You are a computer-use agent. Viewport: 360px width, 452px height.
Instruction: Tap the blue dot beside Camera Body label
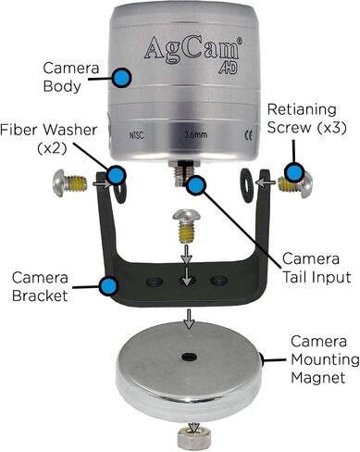pos(121,77)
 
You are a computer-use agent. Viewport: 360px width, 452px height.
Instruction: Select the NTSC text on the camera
pos(137,135)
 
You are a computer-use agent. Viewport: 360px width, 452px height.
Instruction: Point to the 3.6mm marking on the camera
pos(196,134)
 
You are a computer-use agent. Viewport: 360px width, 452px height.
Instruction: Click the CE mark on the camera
pos(248,136)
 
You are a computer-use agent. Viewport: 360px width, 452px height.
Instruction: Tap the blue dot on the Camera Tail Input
pos(195,185)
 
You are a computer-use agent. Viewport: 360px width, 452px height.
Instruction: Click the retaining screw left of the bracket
pos(70,183)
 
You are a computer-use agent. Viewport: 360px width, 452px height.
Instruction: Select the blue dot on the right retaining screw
pos(294,173)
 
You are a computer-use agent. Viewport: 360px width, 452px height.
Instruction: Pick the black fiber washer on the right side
pos(247,185)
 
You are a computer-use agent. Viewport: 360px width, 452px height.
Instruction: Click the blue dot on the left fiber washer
pos(117,175)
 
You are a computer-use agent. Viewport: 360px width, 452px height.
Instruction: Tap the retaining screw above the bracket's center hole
pos(186,226)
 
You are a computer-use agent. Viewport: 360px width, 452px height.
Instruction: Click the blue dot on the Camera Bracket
pos(109,285)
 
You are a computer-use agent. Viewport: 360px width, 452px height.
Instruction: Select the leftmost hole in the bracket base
pos(155,282)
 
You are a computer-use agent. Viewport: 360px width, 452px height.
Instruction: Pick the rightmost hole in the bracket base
pos(218,281)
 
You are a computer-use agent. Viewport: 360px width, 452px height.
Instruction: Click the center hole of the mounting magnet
pos(189,358)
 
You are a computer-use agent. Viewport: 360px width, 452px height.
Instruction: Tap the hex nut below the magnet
pos(194,437)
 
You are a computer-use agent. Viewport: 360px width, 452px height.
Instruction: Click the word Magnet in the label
pos(317,377)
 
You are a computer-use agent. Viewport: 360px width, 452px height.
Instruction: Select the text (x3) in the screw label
pos(331,128)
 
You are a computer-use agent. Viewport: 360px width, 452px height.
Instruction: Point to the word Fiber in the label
pos(19,130)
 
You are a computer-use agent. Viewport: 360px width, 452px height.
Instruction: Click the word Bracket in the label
pos(40,295)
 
